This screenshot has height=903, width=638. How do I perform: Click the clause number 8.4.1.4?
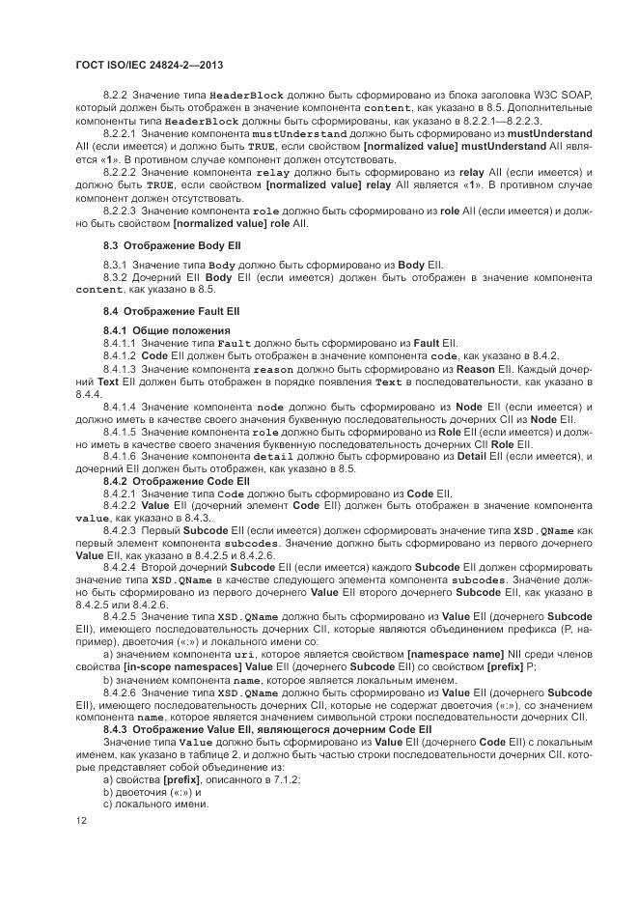[x=121, y=407]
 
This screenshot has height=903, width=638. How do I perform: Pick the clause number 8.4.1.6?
[x=121, y=456]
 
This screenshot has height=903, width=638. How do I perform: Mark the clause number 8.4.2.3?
[x=121, y=530]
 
